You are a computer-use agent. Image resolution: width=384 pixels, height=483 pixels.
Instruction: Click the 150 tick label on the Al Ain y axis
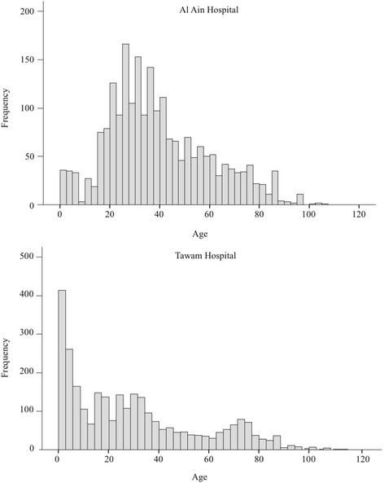point(28,60)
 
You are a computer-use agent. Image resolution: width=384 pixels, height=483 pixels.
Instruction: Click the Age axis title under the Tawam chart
point(208,476)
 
